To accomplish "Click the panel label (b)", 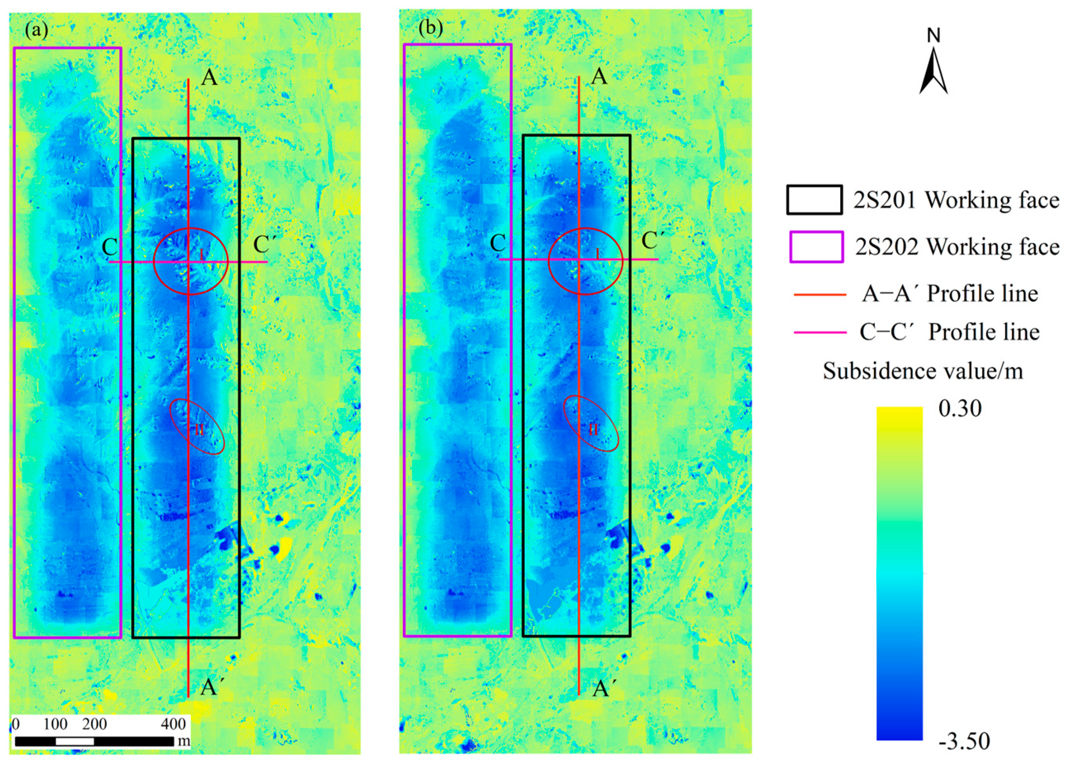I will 430,28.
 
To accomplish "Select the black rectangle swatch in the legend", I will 814,200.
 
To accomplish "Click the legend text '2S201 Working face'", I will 956,200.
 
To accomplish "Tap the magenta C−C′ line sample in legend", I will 820,333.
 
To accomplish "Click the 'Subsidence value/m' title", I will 923,372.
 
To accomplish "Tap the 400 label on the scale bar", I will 173,724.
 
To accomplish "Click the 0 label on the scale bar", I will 16,724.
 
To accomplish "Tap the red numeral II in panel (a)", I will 199,430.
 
